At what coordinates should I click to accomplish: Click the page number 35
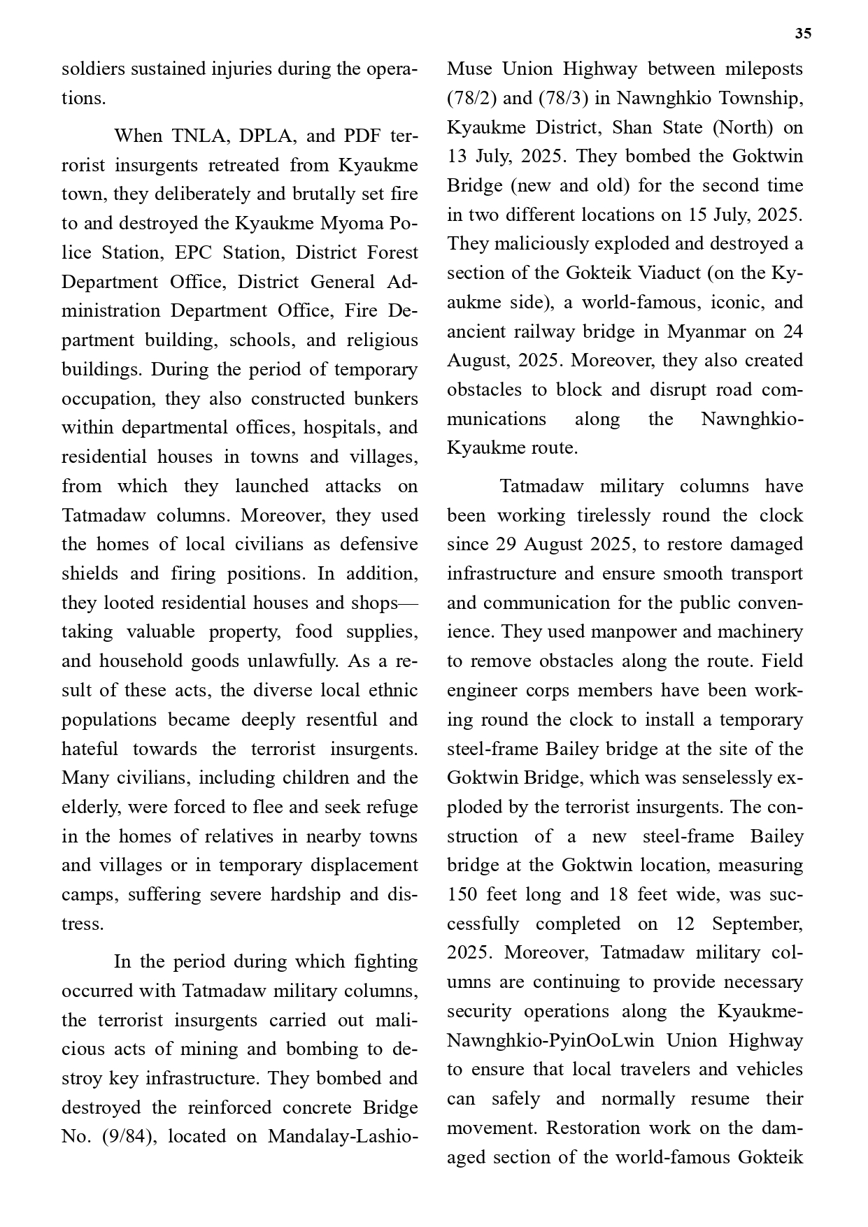[x=803, y=34]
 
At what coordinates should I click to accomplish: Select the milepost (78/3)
[x=563, y=99]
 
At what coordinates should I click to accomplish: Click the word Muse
[x=469, y=69]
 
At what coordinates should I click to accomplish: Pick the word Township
[x=759, y=99]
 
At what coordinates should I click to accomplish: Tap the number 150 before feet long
[x=462, y=894]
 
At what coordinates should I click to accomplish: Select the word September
[x=757, y=924]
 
